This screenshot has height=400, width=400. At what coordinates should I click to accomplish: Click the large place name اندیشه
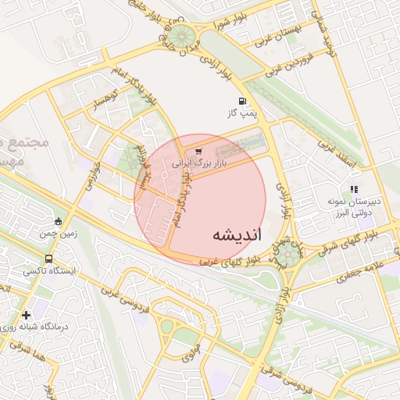237,234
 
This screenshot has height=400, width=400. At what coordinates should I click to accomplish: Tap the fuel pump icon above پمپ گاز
242,102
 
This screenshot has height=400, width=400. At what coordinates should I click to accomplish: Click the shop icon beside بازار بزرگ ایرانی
198,152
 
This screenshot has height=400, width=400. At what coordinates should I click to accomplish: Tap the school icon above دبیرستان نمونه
354,188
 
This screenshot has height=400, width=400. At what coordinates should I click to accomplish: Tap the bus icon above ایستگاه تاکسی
49,258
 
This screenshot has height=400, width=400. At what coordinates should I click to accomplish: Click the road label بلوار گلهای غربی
232,261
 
